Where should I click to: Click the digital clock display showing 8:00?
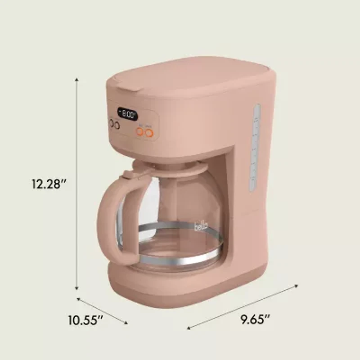[127, 114]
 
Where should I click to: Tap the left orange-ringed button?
[140, 132]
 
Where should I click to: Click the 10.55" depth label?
[85, 320]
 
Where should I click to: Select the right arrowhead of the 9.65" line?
[297, 285]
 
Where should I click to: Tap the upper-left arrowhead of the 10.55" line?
[78, 298]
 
